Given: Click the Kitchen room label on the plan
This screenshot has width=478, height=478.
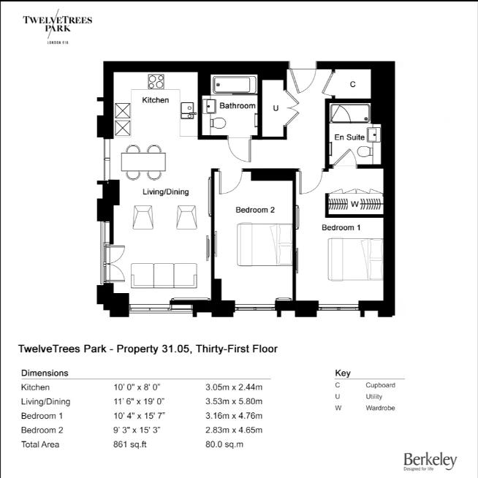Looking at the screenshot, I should (x=155, y=100).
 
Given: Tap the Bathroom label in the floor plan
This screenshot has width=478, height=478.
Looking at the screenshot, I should (x=238, y=106).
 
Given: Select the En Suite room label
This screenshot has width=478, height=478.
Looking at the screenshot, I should (x=349, y=137).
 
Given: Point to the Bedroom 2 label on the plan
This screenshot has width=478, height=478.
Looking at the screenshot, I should (x=255, y=210).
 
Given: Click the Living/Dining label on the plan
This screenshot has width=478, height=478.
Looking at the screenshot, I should (x=165, y=192).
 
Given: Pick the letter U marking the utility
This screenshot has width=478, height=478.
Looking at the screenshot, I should (x=275, y=108).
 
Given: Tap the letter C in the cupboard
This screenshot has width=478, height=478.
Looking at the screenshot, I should (x=352, y=85).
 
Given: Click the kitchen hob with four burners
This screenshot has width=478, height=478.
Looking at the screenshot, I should (x=156, y=80).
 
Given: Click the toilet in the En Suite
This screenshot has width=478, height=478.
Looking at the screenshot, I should (x=365, y=152).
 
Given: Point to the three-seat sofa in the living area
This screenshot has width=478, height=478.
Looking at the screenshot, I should (x=164, y=274).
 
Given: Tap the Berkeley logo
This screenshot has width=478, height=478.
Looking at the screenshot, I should (x=430, y=460).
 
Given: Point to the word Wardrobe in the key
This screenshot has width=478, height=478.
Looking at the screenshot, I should (x=380, y=408).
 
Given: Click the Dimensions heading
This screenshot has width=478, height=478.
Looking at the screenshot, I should (x=45, y=373).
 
